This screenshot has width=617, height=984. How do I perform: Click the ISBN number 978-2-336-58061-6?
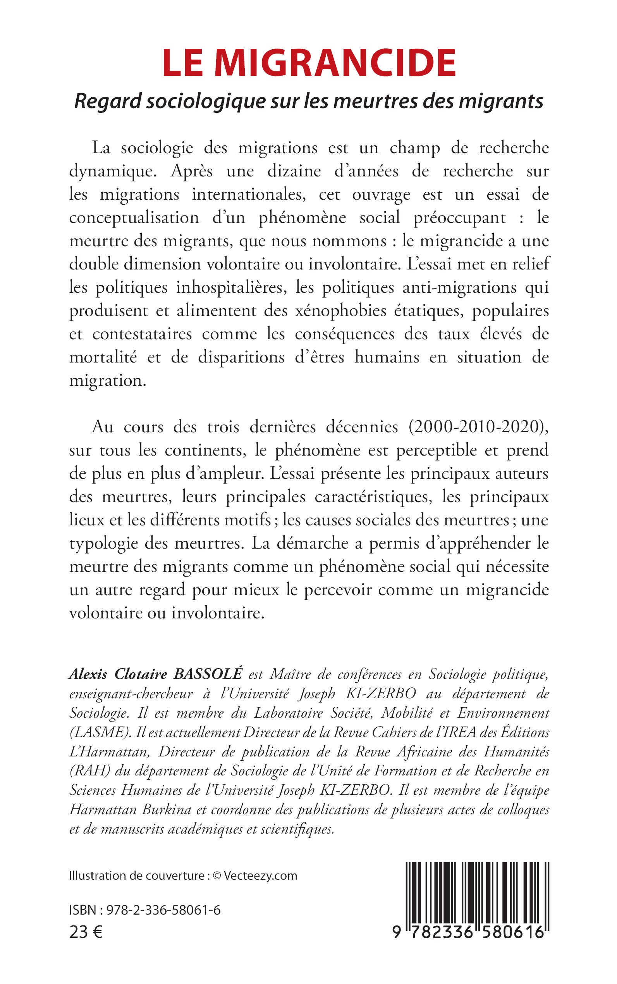coord(163,910)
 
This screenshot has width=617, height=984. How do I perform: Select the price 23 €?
coord(86,932)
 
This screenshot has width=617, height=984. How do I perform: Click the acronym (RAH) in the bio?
coord(90,771)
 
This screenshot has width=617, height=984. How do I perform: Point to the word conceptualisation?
coord(134,218)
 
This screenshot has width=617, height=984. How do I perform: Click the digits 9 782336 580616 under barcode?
coord(469,932)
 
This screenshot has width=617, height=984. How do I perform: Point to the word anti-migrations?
coord(459,288)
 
